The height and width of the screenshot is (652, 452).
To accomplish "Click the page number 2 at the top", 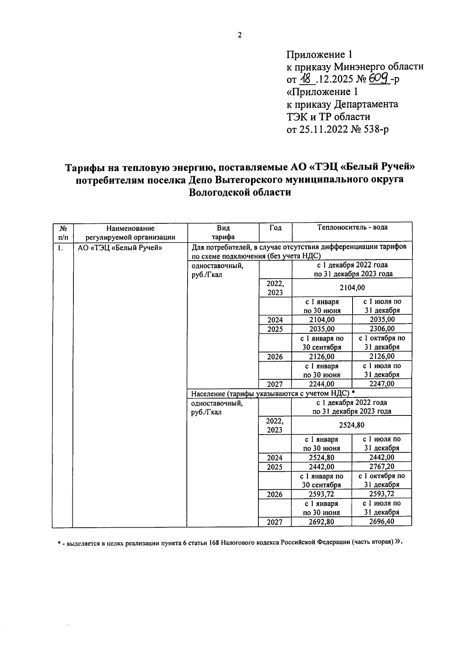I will point(240,35).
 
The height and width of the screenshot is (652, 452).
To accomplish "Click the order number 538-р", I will point(376,129).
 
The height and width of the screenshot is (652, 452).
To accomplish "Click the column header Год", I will point(275,228).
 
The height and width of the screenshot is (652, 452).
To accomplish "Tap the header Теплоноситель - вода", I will point(352,228).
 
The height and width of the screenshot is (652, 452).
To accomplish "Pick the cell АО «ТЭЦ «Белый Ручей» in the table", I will point(119,248).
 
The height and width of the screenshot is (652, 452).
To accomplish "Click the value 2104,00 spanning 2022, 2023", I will point(352,288).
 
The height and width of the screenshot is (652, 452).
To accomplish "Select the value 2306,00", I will point(382,329).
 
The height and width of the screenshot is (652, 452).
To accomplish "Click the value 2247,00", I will point(382,384).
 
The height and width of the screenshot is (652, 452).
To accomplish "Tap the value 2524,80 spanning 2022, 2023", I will point(351,425).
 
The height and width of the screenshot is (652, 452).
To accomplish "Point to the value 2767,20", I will point(382,467).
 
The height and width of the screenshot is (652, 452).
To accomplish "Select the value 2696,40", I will point(382,522).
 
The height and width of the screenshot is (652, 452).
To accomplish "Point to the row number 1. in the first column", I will point(59,248).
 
